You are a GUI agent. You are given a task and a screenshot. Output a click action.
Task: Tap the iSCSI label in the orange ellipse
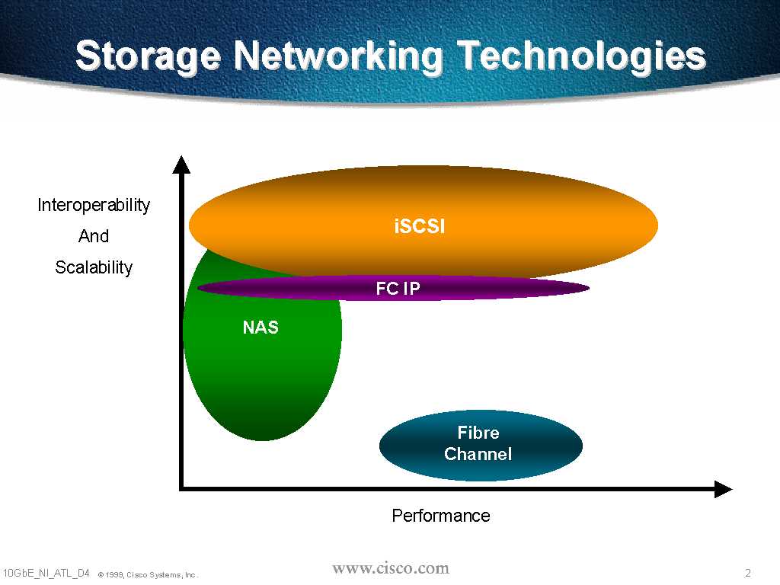click(x=420, y=226)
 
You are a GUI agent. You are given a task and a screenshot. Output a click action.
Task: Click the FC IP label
click(x=398, y=289)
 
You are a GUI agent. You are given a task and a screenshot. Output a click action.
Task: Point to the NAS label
click(x=261, y=328)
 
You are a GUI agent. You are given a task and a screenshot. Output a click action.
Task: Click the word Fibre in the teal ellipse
click(x=478, y=433)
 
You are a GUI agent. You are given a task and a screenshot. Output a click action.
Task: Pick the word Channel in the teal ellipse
click(x=478, y=454)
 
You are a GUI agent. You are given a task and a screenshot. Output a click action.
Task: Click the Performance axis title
click(x=440, y=516)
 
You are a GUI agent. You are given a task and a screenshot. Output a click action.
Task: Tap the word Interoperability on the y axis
click(x=94, y=205)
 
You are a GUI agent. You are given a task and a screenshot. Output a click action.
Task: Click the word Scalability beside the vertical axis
click(x=94, y=267)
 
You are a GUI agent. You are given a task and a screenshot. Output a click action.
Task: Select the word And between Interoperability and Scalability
click(x=94, y=236)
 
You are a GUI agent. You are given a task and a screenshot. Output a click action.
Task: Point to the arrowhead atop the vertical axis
click(x=181, y=163)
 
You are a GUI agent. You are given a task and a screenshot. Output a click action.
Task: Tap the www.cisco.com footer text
click(x=391, y=568)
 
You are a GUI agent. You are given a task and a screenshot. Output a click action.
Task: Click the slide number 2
click(x=747, y=573)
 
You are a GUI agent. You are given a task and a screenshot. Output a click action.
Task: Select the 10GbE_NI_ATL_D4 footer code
click(x=46, y=572)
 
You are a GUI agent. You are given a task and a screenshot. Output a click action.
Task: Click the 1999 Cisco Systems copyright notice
click(x=148, y=574)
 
